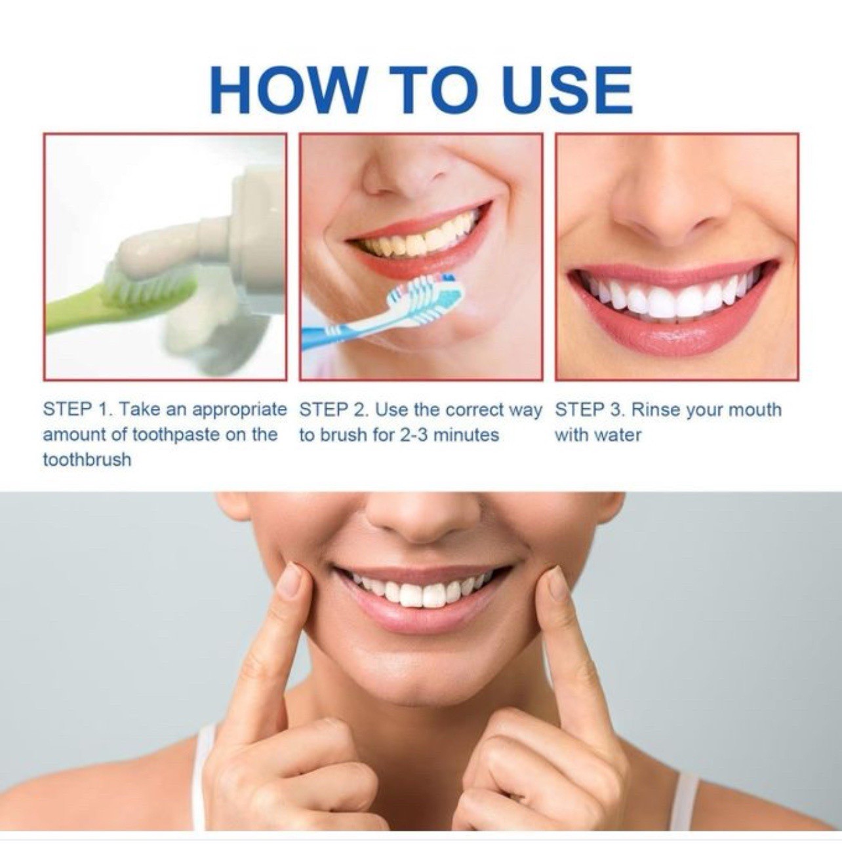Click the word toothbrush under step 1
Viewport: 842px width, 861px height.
coord(87,459)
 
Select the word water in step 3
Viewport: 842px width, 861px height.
coord(618,435)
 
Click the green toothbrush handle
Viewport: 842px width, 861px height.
coord(79,315)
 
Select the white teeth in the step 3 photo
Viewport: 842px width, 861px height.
coord(669,298)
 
